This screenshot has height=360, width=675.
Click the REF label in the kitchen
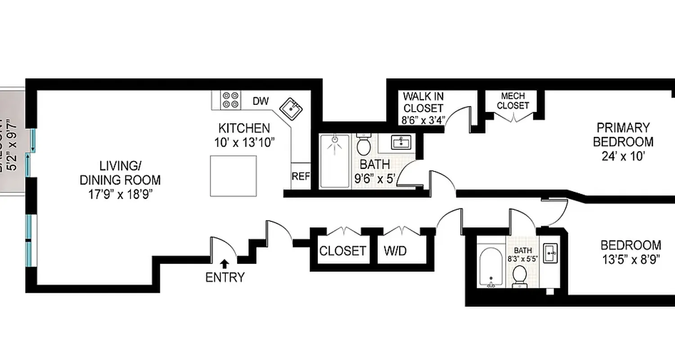[x=301, y=176]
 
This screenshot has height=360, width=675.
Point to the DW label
[x=260, y=101]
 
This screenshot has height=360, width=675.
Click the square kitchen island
[x=234, y=176]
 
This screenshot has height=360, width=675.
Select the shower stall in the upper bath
[x=335, y=161]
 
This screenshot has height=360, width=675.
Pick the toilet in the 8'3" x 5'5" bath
[x=520, y=275]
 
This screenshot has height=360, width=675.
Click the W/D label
[x=395, y=251]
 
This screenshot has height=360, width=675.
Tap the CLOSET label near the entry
[x=342, y=251]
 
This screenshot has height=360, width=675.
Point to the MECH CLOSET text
[x=513, y=101]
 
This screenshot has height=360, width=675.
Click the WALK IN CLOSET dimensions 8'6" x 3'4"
[x=423, y=120]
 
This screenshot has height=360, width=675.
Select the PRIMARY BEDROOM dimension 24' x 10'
[x=623, y=156]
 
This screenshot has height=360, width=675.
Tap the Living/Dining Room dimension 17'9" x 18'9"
[x=120, y=194]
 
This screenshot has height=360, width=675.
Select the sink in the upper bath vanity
[x=400, y=143]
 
